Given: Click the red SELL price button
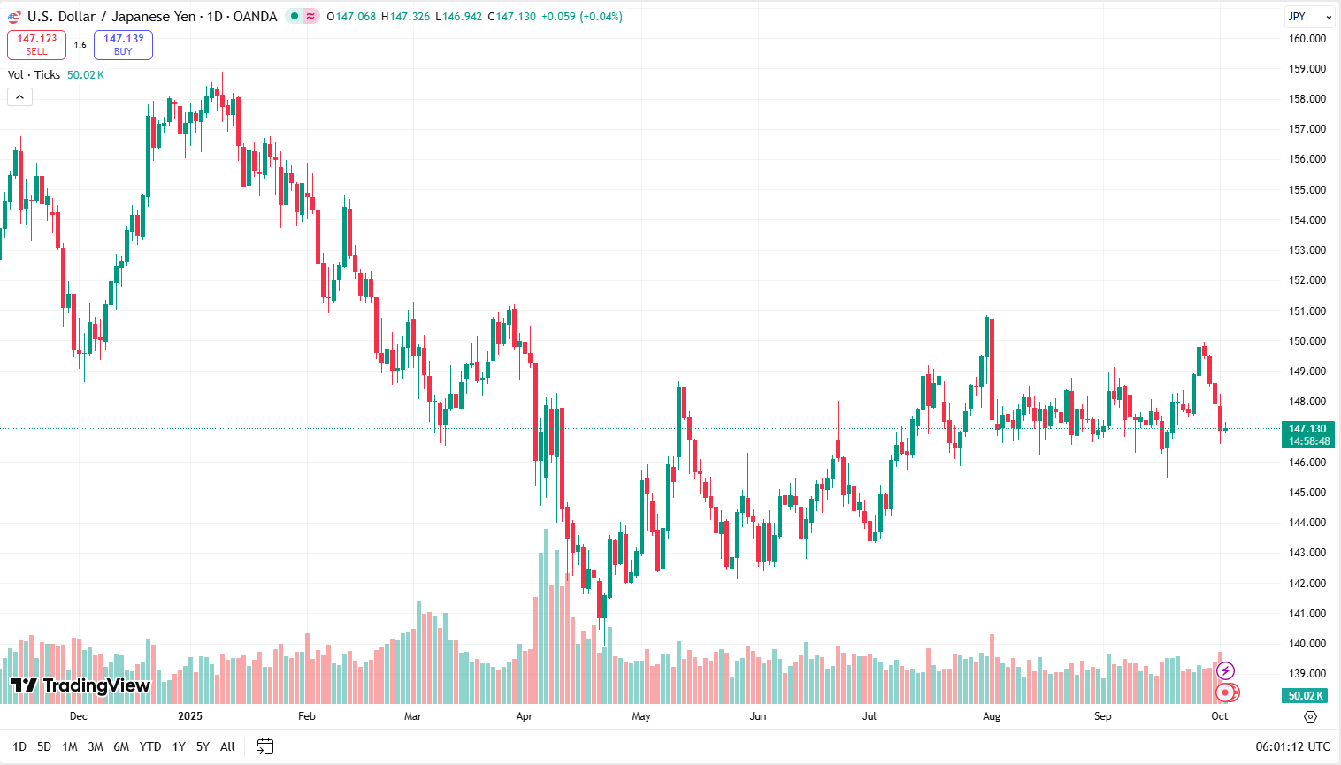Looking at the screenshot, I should [36, 44].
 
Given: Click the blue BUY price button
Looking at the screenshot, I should [123, 44].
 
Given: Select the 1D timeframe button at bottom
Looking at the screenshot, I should [19, 746].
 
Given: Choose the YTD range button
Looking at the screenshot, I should [150, 746].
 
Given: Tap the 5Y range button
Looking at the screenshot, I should [203, 746].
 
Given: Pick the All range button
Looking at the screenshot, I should [227, 746].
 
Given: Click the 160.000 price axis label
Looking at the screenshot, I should [1307, 39].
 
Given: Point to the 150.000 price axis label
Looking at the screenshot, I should [1307, 341].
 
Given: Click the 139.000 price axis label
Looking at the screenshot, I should [1307, 674].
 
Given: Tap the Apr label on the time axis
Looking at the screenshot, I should [525, 716].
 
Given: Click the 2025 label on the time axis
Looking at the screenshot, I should [190, 716].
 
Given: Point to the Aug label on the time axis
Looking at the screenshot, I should [992, 716].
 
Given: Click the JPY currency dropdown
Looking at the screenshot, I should [1308, 17].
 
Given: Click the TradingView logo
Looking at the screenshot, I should [80, 685].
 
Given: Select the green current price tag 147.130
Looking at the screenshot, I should [1308, 434].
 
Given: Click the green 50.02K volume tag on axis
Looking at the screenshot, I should [1305, 696].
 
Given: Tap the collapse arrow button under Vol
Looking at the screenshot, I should [19, 97].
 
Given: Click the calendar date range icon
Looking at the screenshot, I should [264, 746].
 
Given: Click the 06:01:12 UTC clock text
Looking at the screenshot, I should [1292, 746].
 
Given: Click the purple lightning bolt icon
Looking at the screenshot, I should [1225, 671].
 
